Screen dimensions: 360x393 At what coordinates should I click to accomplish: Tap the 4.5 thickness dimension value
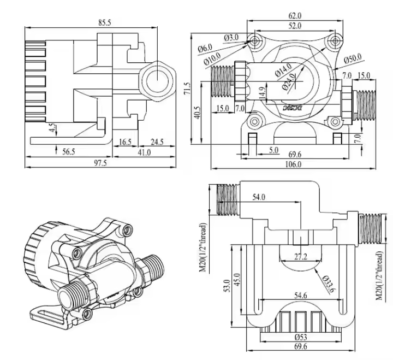tap(52, 128)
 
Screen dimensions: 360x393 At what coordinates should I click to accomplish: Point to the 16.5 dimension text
tap(125, 142)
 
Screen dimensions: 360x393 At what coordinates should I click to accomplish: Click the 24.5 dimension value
tap(157, 142)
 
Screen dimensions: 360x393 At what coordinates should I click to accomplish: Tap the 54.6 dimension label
tap(302, 296)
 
